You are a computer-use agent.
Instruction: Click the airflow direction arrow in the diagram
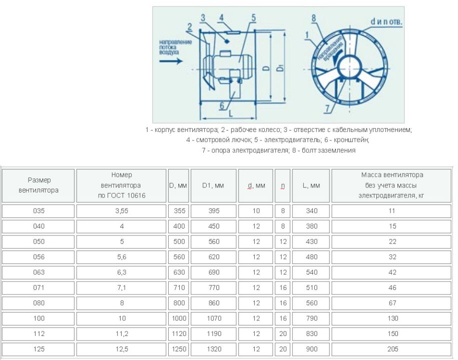pyautogui.click(x=171, y=61)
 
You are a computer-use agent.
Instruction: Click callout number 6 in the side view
pyautogui.click(x=222, y=105)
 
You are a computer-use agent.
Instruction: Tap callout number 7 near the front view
pyautogui.click(x=327, y=108)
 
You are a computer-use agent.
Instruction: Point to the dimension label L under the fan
pyautogui.click(x=231, y=113)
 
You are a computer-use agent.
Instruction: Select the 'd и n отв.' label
pyautogui.click(x=386, y=21)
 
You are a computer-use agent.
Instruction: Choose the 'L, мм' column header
pyautogui.click(x=311, y=185)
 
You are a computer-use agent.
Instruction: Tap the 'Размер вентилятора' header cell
pyautogui.click(x=39, y=185)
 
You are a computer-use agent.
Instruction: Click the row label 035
pyautogui.click(x=39, y=211)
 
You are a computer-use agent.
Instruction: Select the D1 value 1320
pyautogui.click(x=214, y=349)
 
